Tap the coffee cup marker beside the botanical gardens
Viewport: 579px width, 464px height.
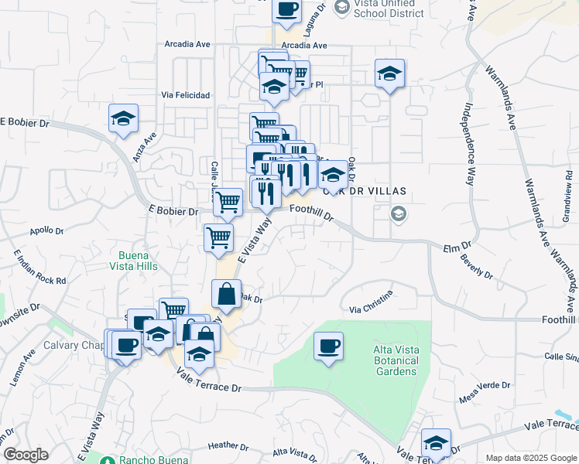[x=328, y=345]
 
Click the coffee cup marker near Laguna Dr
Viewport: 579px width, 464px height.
[x=286, y=10]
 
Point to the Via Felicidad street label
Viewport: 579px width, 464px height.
[x=186, y=95]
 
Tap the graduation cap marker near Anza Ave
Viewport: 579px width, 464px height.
[x=123, y=118]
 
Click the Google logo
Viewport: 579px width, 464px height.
[x=26, y=455]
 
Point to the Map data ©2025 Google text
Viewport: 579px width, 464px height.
[x=529, y=458]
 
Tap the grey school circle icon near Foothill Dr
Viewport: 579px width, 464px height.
[x=398, y=213]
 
